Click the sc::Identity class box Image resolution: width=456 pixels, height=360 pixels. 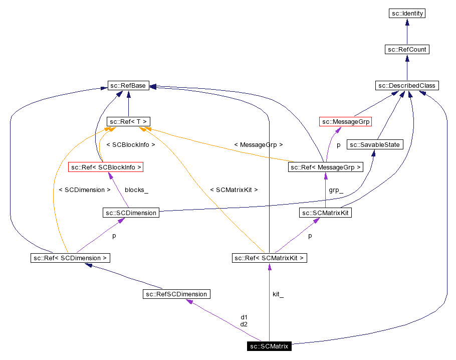[407, 14]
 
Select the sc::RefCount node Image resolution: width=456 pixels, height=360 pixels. [407, 50]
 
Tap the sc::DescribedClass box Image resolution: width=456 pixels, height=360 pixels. [407, 86]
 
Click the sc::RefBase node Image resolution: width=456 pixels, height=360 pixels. [128, 86]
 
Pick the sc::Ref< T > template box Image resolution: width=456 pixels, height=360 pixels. [128, 122]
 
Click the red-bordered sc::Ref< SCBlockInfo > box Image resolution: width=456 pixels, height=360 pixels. [106, 167]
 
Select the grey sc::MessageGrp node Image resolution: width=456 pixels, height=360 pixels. [346, 122]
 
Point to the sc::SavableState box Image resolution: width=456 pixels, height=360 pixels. [375, 145]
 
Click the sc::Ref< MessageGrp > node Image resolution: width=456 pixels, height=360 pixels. [326, 167]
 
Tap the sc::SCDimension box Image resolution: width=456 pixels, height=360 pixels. [131, 213]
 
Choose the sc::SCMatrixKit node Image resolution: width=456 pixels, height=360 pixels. [325, 213]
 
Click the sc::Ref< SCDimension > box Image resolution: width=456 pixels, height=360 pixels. [70, 258]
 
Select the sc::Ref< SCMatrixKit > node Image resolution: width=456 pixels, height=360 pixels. [269, 258]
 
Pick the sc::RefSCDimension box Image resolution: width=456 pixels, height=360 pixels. [176, 294]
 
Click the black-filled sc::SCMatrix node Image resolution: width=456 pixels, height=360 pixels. [269, 346]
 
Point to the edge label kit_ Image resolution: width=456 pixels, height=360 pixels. [278, 294]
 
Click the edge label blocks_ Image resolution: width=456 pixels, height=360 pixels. [136, 190]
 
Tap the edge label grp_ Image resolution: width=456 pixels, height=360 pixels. [336, 190]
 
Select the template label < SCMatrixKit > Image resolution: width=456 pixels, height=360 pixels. [234, 190]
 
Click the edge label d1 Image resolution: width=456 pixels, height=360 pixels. [244, 317]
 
